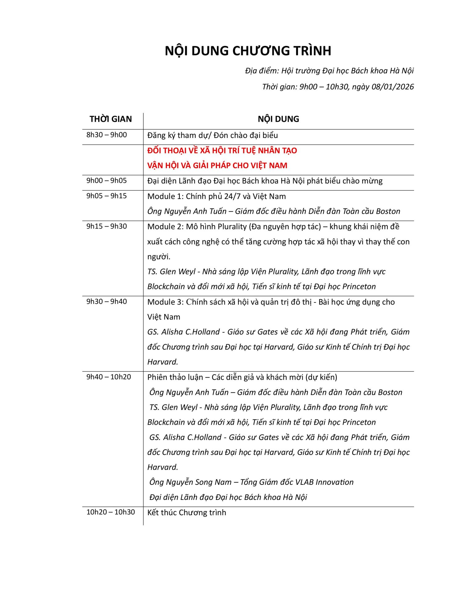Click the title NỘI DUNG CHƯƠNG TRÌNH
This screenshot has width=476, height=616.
[x=248, y=51]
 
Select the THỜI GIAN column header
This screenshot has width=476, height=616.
[x=111, y=119]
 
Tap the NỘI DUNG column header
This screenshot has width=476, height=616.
[x=278, y=119]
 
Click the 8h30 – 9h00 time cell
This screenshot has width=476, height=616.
[x=107, y=135]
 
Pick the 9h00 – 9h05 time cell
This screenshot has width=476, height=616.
[x=107, y=180]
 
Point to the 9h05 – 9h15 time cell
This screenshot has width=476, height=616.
[x=107, y=196]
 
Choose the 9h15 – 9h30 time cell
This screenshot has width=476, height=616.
[x=107, y=226]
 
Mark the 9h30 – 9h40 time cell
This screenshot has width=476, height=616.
[x=107, y=302]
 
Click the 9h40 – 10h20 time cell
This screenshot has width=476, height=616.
[x=109, y=377]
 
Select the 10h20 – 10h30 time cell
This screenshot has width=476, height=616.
[x=111, y=512]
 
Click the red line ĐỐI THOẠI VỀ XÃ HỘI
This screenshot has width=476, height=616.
[x=222, y=151]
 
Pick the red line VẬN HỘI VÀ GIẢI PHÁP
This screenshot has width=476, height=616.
[x=217, y=166]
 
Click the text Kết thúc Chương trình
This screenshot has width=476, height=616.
[x=186, y=513]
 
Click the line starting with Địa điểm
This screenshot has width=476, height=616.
[x=329, y=71]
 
